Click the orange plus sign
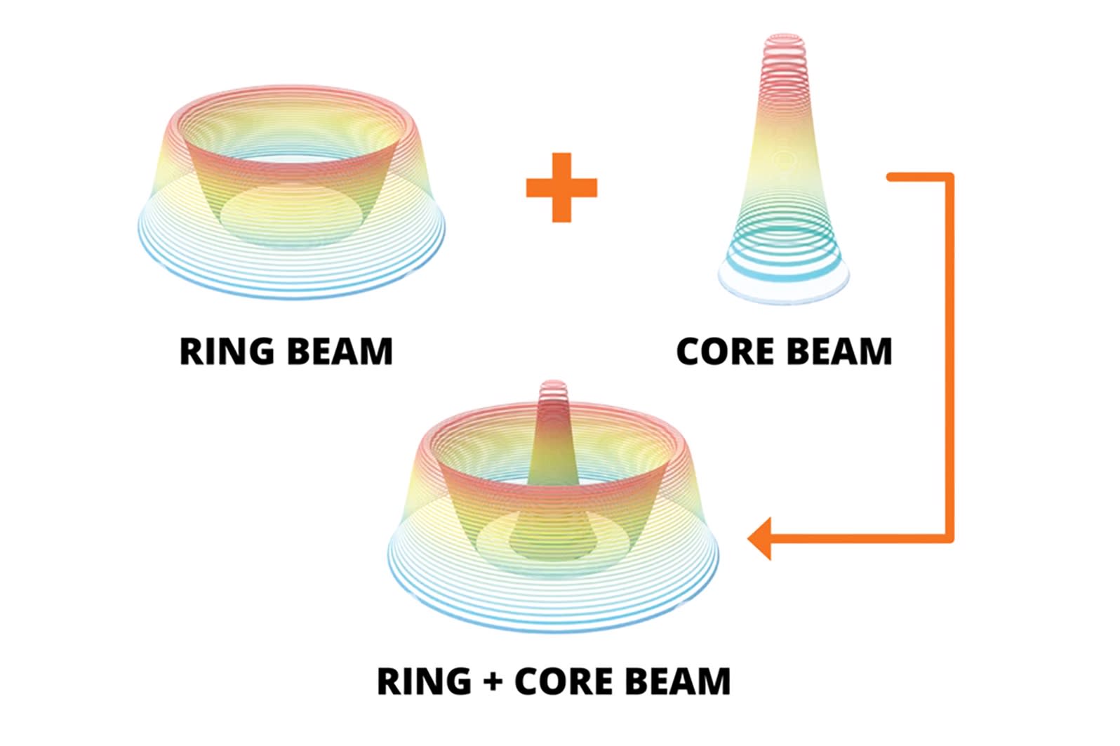coord(561,187)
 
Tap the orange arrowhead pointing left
coord(761,539)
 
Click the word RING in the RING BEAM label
coord(226,351)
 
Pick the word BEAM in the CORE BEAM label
coord(840,351)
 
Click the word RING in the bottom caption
coord(423,681)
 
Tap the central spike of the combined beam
coord(552,435)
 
